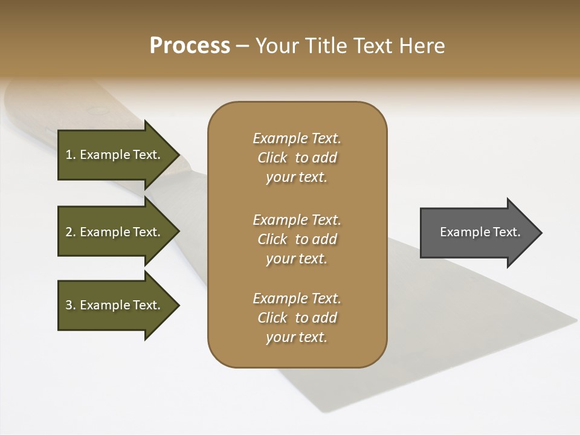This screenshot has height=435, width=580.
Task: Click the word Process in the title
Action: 190,46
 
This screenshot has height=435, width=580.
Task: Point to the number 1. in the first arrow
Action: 70,155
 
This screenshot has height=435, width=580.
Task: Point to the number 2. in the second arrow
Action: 70,232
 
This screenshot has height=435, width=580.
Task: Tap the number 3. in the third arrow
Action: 70,305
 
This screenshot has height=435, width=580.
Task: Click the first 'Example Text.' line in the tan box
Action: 297,138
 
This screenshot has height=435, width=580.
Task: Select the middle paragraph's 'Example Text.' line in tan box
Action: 297,220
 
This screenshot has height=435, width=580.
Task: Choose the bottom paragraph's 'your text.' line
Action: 297,337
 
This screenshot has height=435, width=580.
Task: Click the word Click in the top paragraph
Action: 272,158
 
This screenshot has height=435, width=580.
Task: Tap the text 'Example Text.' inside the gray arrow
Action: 480,232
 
